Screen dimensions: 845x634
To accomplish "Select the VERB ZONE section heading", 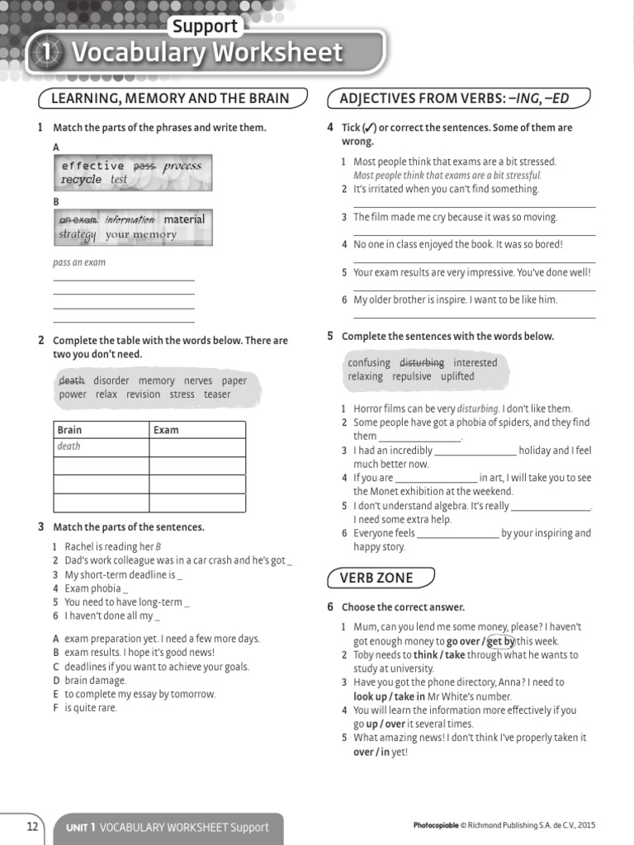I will click(x=376, y=578).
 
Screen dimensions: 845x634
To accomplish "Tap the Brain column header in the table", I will click(x=69, y=430).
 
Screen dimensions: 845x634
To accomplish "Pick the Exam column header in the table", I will click(x=166, y=430).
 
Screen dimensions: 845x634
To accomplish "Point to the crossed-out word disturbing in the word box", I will click(x=421, y=363).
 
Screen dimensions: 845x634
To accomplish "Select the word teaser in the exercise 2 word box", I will click(x=217, y=394).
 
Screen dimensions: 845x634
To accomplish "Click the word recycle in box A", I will click(x=81, y=179).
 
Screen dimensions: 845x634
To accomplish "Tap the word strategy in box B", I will click(x=77, y=234).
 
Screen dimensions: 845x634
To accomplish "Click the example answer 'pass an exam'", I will click(x=79, y=262).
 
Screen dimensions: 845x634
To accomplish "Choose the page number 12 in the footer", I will click(x=32, y=827).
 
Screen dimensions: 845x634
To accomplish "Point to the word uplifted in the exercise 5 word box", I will click(x=457, y=376).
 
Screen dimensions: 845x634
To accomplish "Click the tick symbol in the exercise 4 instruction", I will click(x=370, y=128).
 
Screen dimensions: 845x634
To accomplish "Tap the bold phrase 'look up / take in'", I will click(x=389, y=696).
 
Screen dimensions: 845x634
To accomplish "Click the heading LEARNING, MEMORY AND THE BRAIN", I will click(x=170, y=99).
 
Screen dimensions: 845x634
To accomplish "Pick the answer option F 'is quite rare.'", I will click(x=91, y=708).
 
